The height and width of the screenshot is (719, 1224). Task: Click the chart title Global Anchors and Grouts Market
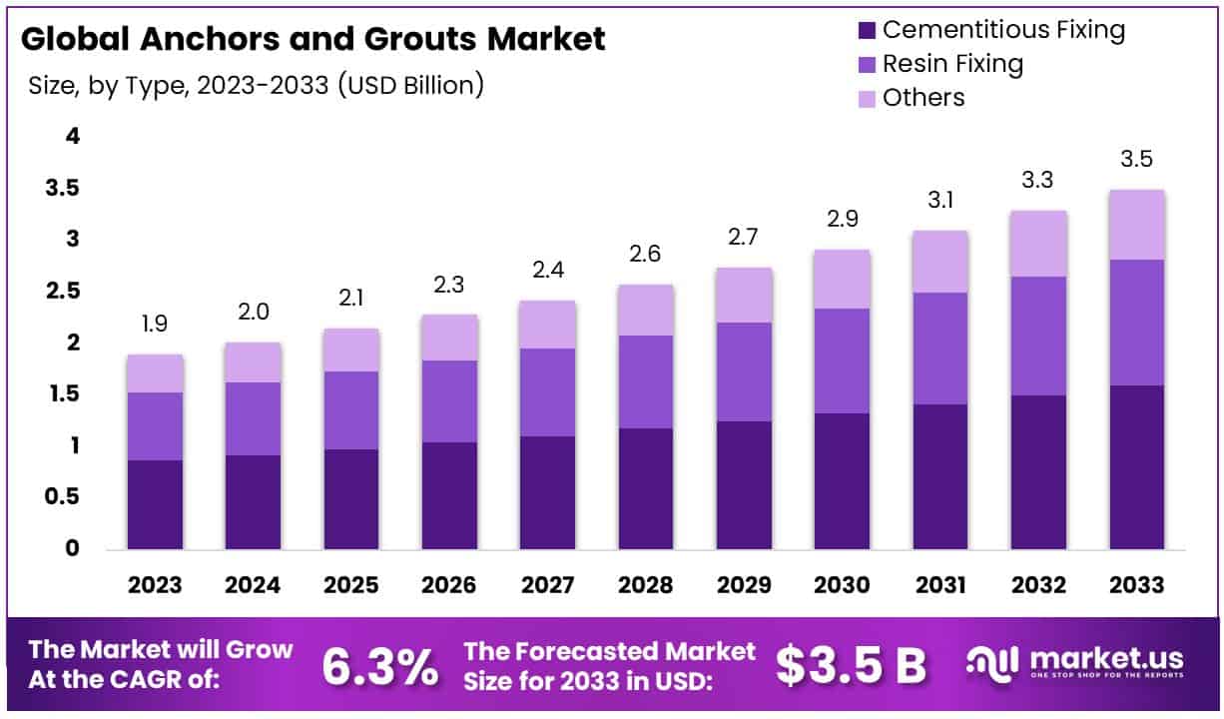(312, 39)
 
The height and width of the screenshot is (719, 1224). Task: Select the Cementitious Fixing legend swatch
(865, 30)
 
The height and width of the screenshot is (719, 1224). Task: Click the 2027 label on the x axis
(547, 585)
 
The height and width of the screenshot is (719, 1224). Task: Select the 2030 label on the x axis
(842, 585)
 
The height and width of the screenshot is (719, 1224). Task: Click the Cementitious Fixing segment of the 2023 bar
(155, 504)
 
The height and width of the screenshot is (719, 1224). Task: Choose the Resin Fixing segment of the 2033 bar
(1136, 322)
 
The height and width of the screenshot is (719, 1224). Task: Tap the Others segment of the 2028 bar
(646, 310)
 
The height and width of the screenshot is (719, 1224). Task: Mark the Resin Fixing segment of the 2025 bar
(351, 410)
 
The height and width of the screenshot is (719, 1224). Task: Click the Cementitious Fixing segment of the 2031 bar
(940, 476)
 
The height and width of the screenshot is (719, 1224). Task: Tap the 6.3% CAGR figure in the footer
(379, 666)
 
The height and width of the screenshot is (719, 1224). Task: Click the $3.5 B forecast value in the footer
(852, 666)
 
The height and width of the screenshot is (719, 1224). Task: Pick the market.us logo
(1075, 661)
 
